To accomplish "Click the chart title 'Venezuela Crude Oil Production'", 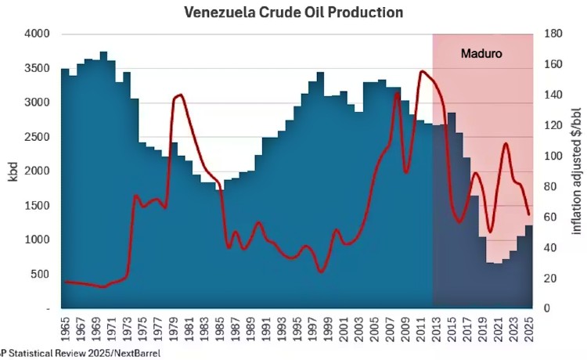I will pos(293,13).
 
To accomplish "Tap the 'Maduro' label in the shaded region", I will pos(480,55).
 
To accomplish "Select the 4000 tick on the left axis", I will pos(38,34).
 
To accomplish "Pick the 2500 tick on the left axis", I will pos(38,137).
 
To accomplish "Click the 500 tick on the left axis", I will pos(40,274).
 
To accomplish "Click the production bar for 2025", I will pos(528,266).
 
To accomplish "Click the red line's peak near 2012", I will pos(423,71).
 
